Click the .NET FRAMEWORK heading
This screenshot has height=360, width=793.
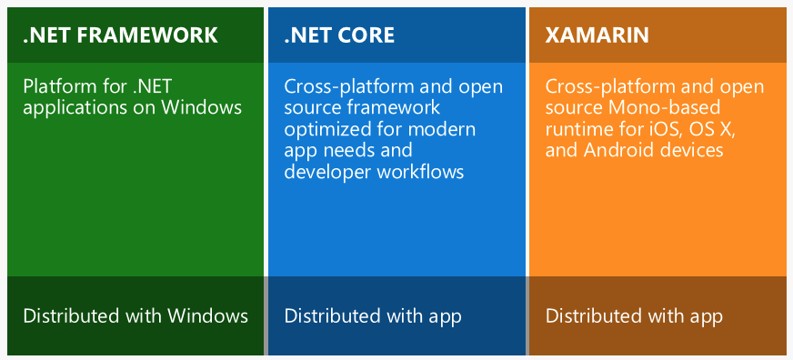pyautogui.click(x=120, y=35)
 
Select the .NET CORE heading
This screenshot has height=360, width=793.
pyautogui.click(x=339, y=35)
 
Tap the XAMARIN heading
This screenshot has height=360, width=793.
pyautogui.click(x=597, y=35)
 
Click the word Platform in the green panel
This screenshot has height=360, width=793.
pyautogui.click(x=57, y=87)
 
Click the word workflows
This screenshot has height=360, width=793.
pyautogui.click(x=422, y=171)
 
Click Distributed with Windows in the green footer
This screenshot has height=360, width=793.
pyautogui.click(x=136, y=316)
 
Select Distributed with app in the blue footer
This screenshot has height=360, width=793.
pyautogui.click(x=373, y=316)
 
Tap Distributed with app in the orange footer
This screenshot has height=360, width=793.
pyautogui.click(x=634, y=316)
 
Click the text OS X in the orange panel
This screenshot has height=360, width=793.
pyautogui.click(x=715, y=129)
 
